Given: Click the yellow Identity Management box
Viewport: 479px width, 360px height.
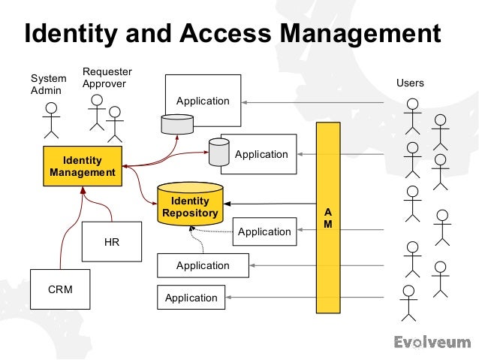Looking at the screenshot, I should [x=83, y=166].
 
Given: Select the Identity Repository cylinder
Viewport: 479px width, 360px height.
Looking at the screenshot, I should [x=191, y=204].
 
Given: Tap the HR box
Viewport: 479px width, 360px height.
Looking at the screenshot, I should [x=111, y=243].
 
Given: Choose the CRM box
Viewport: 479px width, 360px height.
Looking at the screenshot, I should [x=59, y=289].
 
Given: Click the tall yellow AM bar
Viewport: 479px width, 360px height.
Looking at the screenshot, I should [x=327, y=218].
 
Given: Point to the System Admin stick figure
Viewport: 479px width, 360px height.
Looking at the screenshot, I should [x=51, y=120].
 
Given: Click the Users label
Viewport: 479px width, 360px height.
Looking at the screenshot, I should [x=410, y=83].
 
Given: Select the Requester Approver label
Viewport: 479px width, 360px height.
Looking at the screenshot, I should [x=107, y=77].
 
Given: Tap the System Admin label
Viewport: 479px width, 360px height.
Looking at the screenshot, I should [x=48, y=84].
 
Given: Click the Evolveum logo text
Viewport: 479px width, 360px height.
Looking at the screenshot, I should [x=432, y=343].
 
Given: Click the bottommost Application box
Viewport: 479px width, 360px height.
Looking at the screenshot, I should [x=191, y=298].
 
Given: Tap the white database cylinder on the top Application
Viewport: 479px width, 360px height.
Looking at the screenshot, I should [x=177, y=124].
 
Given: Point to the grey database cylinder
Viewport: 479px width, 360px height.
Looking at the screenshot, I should [x=218, y=152].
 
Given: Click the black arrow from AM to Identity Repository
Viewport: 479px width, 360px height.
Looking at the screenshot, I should [x=270, y=204].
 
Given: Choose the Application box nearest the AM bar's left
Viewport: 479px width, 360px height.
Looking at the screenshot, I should [x=264, y=231].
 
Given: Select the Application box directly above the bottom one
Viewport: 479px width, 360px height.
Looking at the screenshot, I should [x=203, y=265].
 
